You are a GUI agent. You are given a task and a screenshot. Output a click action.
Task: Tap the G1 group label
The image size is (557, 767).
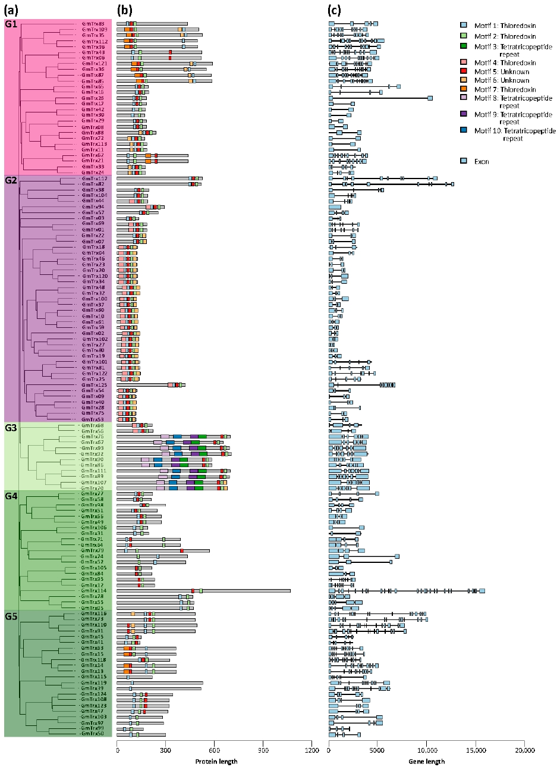tap(11, 26)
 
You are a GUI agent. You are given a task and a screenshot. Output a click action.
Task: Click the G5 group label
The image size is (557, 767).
tap(11, 616)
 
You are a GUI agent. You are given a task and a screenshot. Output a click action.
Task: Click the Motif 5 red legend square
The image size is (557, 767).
tap(464, 71)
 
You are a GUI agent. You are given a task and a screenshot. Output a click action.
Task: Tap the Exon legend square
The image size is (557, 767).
tap(464, 161)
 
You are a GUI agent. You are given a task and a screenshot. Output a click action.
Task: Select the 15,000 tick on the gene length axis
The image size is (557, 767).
tap(475, 751)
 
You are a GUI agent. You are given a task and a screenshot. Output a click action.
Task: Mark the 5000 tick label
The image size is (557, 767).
tap(377, 751)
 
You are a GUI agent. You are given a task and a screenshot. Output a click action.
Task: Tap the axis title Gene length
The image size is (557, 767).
tap(426, 762)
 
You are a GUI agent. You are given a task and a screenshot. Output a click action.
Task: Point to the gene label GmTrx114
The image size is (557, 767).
tap(92, 591)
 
